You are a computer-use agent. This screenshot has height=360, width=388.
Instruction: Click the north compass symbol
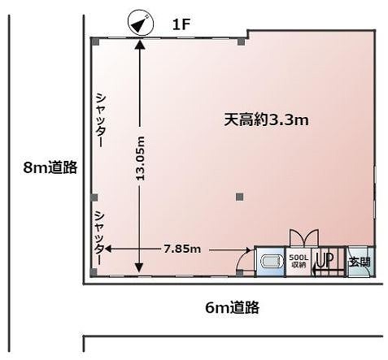pos(141,23)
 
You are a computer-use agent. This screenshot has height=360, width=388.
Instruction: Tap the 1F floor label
pos(181,25)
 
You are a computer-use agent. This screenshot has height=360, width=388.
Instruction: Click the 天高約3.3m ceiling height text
pos(266,119)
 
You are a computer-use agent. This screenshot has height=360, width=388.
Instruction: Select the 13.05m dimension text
pos(141,158)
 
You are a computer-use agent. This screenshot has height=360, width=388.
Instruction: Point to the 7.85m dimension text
pos(182,249)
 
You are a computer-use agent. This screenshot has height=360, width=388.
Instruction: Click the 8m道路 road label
pos(50,167)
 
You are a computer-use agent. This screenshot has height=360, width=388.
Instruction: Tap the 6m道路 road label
pos(233,307)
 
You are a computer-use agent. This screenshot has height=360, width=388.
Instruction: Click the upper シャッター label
pos(100,119)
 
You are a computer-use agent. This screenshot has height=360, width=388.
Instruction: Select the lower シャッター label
pos(99,238)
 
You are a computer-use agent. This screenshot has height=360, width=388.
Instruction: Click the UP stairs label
pos(325,260)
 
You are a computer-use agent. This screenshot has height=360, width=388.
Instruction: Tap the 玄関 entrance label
pos(360,262)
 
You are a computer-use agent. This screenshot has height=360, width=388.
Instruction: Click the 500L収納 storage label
pos(299,260)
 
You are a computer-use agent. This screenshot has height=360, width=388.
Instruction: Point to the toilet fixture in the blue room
pos(271,262)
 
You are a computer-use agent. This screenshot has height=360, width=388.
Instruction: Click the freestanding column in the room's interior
pos(239,197)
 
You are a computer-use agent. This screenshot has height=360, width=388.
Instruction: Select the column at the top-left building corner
pos(94,41)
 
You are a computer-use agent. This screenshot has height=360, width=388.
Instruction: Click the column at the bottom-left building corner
pos(94,272)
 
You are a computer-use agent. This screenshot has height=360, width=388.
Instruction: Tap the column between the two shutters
pos(94,197)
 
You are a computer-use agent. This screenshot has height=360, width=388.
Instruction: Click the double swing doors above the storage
pos(304,238)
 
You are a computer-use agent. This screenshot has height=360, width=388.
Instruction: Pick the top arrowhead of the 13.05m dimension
pos(140,44)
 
